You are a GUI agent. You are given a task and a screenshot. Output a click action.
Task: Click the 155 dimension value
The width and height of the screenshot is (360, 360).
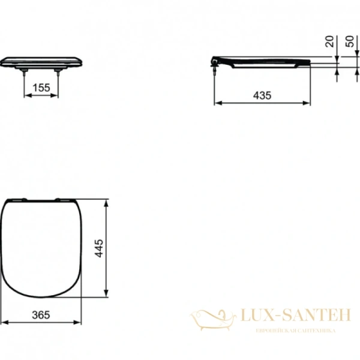coord(41,88)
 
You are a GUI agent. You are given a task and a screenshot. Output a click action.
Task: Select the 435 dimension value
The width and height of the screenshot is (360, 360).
coord(262,95)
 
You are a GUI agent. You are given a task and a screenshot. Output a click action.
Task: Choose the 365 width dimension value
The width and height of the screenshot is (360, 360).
coord(40,314)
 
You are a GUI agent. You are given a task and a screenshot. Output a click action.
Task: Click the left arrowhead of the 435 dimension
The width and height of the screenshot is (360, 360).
coord(217,103)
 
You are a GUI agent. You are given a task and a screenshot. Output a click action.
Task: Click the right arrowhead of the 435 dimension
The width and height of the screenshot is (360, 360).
coord(308,103)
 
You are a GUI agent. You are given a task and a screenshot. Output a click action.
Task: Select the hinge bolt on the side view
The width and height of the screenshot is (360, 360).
coord(214,67)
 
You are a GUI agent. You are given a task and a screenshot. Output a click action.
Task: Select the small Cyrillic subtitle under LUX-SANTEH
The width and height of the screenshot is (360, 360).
coord(295,331)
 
